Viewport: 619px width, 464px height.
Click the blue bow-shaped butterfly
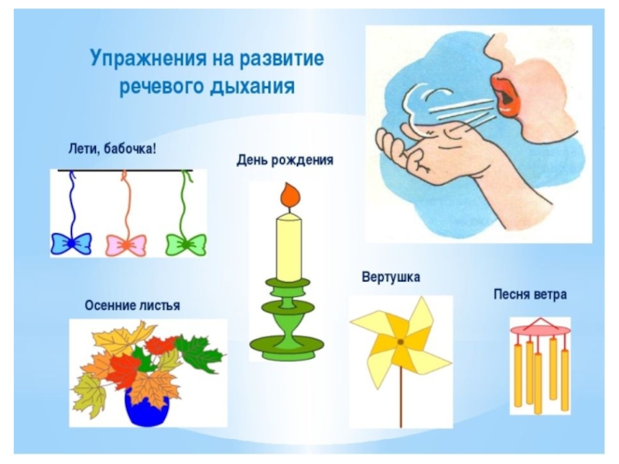pyautogui.click(x=71, y=244)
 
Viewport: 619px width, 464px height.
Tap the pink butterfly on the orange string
pyautogui.click(x=126, y=245)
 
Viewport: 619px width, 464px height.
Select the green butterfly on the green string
pyautogui.click(x=186, y=244)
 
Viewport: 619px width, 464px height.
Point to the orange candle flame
pyautogui.click(x=290, y=196)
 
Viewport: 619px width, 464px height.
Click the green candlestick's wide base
pyautogui.click(x=286, y=347)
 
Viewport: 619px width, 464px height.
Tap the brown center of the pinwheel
pyautogui.click(x=400, y=342)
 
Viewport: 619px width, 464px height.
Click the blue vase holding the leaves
pyautogui.click(x=147, y=407)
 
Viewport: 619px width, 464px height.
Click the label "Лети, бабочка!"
pyautogui.click(x=112, y=149)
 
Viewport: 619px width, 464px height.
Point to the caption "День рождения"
pyautogui.click(x=285, y=160)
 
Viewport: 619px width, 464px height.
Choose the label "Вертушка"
pyautogui.click(x=391, y=277)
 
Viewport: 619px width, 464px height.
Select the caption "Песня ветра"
pyautogui.click(x=530, y=295)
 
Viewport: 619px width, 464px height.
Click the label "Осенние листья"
pyautogui.click(x=132, y=305)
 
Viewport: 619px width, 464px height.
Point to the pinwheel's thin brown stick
pyautogui.click(x=401, y=387)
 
